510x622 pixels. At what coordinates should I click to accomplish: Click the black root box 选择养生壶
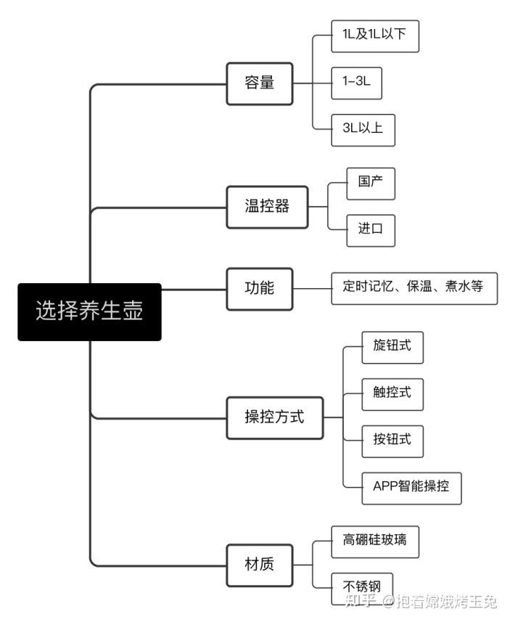[89, 312]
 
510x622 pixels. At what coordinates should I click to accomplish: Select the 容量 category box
[260, 83]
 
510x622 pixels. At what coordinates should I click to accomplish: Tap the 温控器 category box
[267, 207]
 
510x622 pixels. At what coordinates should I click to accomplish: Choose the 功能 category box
[260, 289]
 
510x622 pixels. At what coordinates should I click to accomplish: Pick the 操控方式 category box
[274, 418]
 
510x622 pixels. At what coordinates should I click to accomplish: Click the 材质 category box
[260, 565]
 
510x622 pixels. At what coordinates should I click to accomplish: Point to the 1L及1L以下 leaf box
[375, 36]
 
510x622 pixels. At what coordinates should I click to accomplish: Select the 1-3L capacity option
[356, 83]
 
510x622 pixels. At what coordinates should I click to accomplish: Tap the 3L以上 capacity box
[363, 130]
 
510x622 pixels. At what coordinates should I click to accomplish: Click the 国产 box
[371, 184]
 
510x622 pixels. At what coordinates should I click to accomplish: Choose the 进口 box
[371, 231]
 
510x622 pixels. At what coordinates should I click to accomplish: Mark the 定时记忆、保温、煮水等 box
[414, 288]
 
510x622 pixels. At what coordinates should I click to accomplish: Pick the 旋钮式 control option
[392, 348]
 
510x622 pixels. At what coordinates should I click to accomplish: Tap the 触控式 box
[392, 394]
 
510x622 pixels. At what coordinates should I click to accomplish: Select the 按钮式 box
[392, 441]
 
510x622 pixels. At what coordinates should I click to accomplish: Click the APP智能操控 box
[411, 488]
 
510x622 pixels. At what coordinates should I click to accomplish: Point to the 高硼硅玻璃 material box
[375, 542]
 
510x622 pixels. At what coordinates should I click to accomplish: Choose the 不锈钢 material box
[362, 589]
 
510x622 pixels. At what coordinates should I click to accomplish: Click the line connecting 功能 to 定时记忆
[312, 289]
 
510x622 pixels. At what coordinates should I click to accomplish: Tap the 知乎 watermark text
[360, 600]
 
